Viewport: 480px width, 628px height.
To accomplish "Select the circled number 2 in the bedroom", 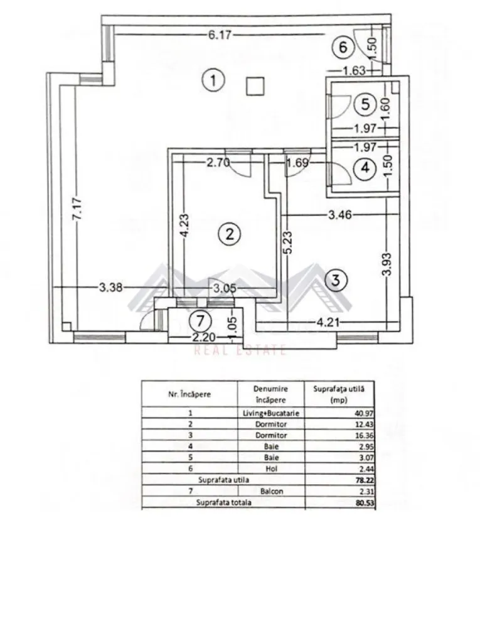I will click(x=229, y=234).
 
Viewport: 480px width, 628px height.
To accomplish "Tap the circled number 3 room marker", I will click(x=336, y=280).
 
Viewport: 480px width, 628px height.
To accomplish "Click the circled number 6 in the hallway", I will click(x=341, y=46).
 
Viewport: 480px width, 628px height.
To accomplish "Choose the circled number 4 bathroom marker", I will click(x=364, y=168).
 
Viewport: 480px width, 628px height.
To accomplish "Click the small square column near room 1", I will click(x=255, y=86).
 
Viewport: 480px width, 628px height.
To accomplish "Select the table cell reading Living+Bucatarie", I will click(x=270, y=413).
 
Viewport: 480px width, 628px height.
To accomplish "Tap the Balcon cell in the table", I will click(x=270, y=492).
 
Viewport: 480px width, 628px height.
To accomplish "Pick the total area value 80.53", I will click(x=364, y=502).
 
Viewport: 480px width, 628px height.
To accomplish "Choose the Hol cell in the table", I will click(x=270, y=468).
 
